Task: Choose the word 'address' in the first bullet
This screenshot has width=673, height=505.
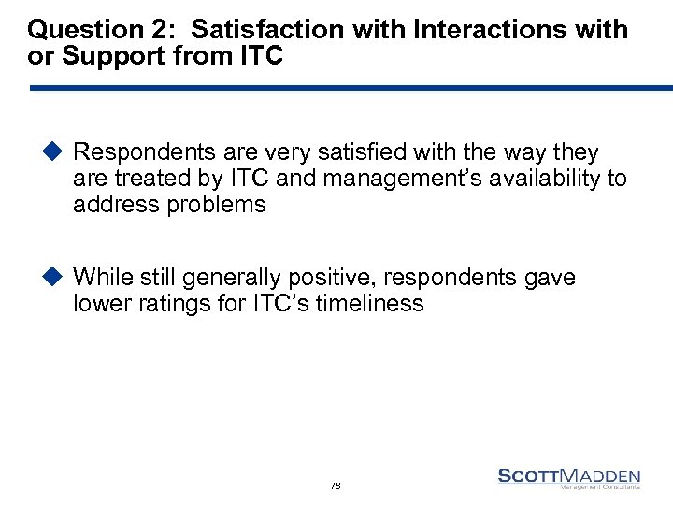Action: tap(113, 204)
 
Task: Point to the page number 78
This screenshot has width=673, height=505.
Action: tap(336, 486)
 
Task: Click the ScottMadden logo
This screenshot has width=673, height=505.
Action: tap(569, 478)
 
